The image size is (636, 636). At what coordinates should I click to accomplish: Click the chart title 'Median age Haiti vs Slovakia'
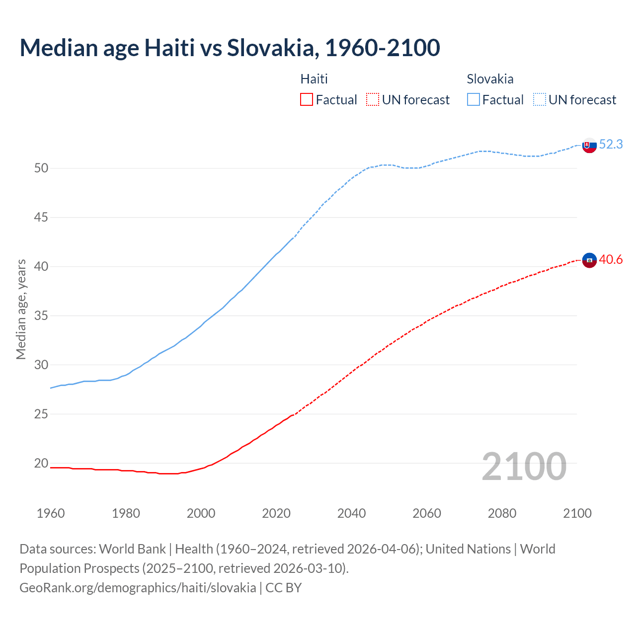pyautogui.click(x=230, y=48)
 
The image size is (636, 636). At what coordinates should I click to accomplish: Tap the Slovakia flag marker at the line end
pyautogui.click(x=589, y=146)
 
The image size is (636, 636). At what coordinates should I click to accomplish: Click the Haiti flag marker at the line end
pyautogui.click(x=589, y=260)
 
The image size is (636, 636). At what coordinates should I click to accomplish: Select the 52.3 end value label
pyautogui.click(x=611, y=144)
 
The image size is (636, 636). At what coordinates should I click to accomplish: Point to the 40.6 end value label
pyautogui.click(x=611, y=259)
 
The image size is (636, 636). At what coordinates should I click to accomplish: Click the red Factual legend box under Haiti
pyautogui.click(x=307, y=100)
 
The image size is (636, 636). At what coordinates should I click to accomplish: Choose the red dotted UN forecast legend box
pyautogui.click(x=373, y=100)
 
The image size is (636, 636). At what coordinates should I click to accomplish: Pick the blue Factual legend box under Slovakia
pyautogui.click(x=474, y=100)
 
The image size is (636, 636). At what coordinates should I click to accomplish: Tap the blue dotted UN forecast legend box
pyautogui.click(x=540, y=100)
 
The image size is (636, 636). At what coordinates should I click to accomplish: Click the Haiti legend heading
pyautogui.click(x=314, y=79)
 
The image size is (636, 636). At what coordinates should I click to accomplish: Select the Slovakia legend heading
pyautogui.click(x=490, y=79)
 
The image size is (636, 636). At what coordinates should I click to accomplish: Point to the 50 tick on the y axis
pyautogui.click(x=41, y=168)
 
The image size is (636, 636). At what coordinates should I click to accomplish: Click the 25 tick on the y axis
pyautogui.click(x=41, y=414)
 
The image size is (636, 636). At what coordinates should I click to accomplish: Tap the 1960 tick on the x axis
pyautogui.click(x=51, y=513)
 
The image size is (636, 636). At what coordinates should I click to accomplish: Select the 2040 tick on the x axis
pyautogui.click(x=351, y=513)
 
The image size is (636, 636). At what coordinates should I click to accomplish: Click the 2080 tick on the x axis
pyautogui.click(x=502, y=513)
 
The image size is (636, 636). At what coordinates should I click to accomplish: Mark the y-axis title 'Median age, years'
pyautogui.click(x=21, y=309)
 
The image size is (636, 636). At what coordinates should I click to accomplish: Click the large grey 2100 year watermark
pyautogui.click(x=524, y=466)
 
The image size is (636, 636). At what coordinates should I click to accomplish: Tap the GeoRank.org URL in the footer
pyautogui.click(x=138, y=588)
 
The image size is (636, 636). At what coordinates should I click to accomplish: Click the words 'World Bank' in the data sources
pyautogui.click(x=132, y=549)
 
